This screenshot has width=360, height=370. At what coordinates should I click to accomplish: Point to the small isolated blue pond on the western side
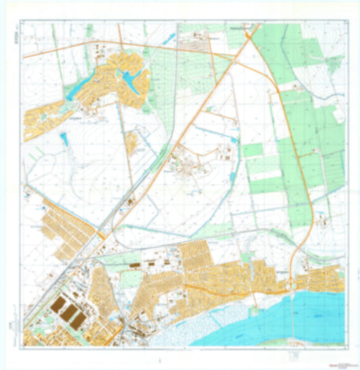pyautogui.click(x=64, y=140)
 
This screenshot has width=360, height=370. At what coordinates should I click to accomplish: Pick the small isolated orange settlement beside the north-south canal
pyautogui.click(x=132, y=141)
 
